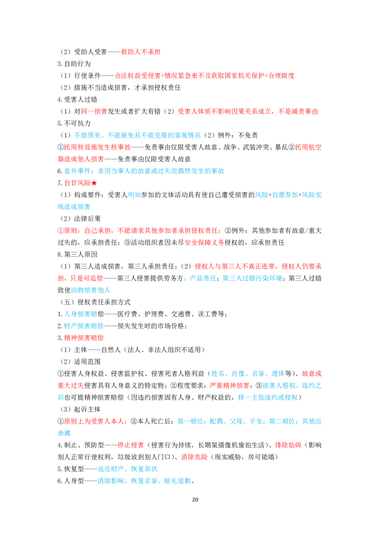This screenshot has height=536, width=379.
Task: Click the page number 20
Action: point(195,500)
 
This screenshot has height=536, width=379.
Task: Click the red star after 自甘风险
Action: point(94,183)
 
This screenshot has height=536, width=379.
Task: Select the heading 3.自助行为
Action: point(74,64)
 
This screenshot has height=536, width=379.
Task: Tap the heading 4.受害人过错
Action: point(77,100)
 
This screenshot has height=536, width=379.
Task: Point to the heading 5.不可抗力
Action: point(74,124)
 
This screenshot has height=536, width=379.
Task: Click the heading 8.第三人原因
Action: point(77,255)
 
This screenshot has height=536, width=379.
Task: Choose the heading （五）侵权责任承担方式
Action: point(95,302)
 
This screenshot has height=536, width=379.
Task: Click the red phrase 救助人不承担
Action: point(141,52)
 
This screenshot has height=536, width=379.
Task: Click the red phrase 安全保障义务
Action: point(205,243)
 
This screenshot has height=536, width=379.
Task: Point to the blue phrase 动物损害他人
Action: point(90,290)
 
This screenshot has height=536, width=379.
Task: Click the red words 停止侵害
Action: point(131,445)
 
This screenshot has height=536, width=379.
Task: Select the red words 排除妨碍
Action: point(289,445)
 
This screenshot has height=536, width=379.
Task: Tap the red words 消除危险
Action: point(194,457)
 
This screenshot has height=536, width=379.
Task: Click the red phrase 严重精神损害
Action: point(229,385)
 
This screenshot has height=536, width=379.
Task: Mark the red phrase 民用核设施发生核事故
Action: point(98,147)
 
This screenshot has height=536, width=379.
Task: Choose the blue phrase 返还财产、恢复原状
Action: point(127,469)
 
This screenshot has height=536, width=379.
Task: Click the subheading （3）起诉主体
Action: point(81,410)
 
